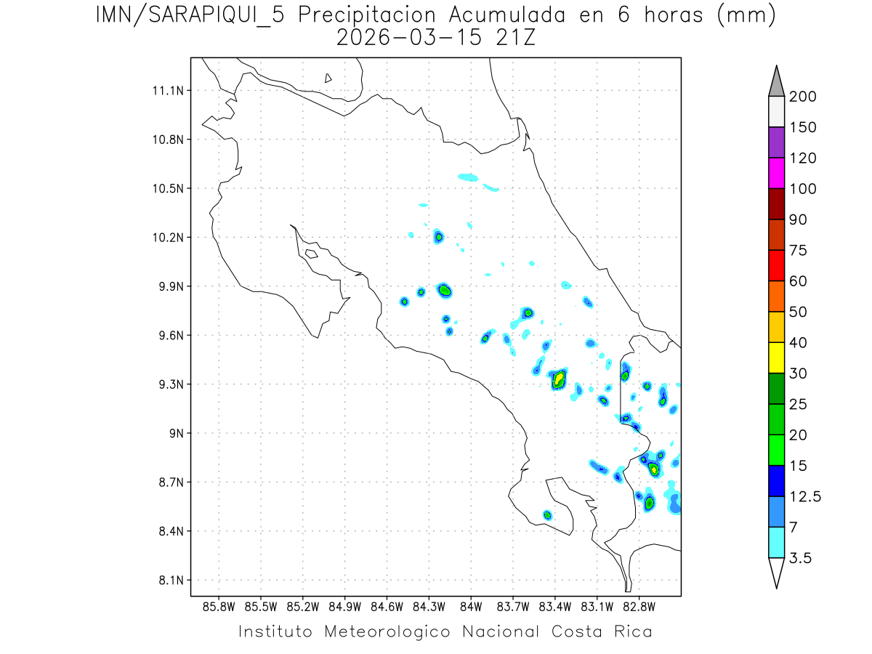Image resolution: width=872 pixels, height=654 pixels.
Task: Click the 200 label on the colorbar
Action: (802, 97)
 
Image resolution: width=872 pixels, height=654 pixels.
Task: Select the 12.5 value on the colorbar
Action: (805, 496)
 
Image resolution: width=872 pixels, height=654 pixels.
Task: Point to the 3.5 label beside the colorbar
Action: (802, 558)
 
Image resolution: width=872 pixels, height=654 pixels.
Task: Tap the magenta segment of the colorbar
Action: (776, 173)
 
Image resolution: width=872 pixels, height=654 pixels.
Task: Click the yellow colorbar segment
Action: (776, 358)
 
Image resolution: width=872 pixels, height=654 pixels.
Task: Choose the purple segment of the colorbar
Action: (776, 142)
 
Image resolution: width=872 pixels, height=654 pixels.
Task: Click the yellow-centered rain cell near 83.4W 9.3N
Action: (559, 379)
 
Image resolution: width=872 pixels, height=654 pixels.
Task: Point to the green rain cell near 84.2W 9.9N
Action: (445, 290)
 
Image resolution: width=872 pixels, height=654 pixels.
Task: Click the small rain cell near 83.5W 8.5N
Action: (547, 515)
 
